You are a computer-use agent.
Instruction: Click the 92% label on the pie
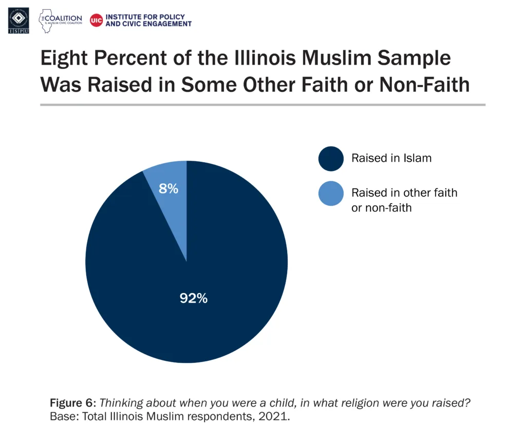pos(194,298)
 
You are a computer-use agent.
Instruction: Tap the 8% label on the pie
pos(168,188)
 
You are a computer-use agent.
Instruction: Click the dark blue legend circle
pos(331,158)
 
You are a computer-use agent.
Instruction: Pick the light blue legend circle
pos(331,194)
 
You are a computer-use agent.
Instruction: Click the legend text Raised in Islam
pos(391,158)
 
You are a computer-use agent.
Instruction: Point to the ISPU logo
pos(18,21)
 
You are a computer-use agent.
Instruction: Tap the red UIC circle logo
pos(96,21)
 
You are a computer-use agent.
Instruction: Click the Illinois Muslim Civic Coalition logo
pos(61,21)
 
